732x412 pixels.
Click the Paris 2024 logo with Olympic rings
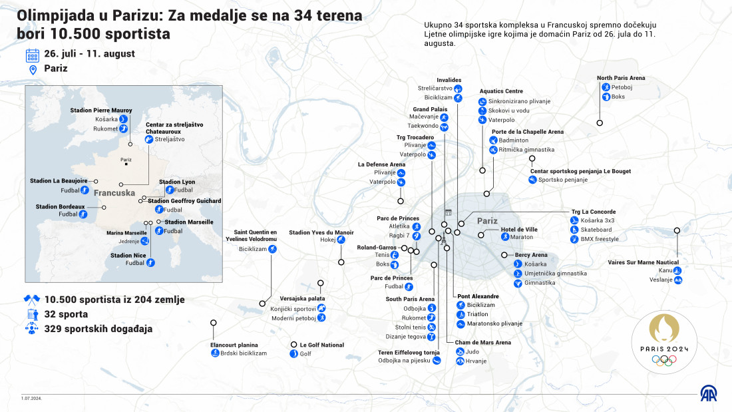664,341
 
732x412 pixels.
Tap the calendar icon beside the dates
32,56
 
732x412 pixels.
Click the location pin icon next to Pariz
33,70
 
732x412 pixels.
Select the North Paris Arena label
621,78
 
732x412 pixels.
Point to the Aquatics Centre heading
501,91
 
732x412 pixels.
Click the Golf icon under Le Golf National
293,353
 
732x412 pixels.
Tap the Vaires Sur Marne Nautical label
643,262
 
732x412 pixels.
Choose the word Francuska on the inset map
114,193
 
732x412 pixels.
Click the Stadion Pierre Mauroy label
101,110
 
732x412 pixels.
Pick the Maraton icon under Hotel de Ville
505,237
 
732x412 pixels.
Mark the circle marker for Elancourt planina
214,323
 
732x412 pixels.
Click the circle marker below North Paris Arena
600,123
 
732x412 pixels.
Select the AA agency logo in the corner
708,394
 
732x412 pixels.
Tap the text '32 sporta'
66,314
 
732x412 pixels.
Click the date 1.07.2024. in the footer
31,399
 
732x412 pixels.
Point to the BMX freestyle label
600,239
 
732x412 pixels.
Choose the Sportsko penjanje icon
532,179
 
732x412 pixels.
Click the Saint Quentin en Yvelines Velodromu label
251,236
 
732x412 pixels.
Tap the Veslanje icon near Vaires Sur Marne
678,280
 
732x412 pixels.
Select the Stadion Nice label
128,256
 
